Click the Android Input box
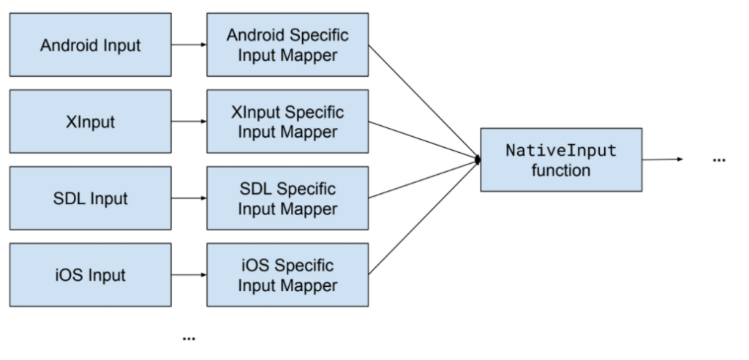point(91,45)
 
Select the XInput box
point(91,121)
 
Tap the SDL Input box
point(91,198)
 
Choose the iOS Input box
point(91,275)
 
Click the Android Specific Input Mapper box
point(287,45)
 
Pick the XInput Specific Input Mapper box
point(287,121)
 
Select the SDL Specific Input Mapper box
point(287,198)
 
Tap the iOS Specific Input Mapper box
point(287,275)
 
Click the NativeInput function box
point(561,160)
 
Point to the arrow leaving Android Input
point(189,45)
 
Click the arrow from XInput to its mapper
point(189,121)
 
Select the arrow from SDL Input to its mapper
point(189,198)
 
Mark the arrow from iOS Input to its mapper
point(189,275)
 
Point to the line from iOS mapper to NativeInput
point(423,217)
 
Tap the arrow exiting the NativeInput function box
point(662,160)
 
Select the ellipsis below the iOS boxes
point(189,338)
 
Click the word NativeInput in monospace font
point(561,151)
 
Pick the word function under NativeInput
point(561,170)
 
